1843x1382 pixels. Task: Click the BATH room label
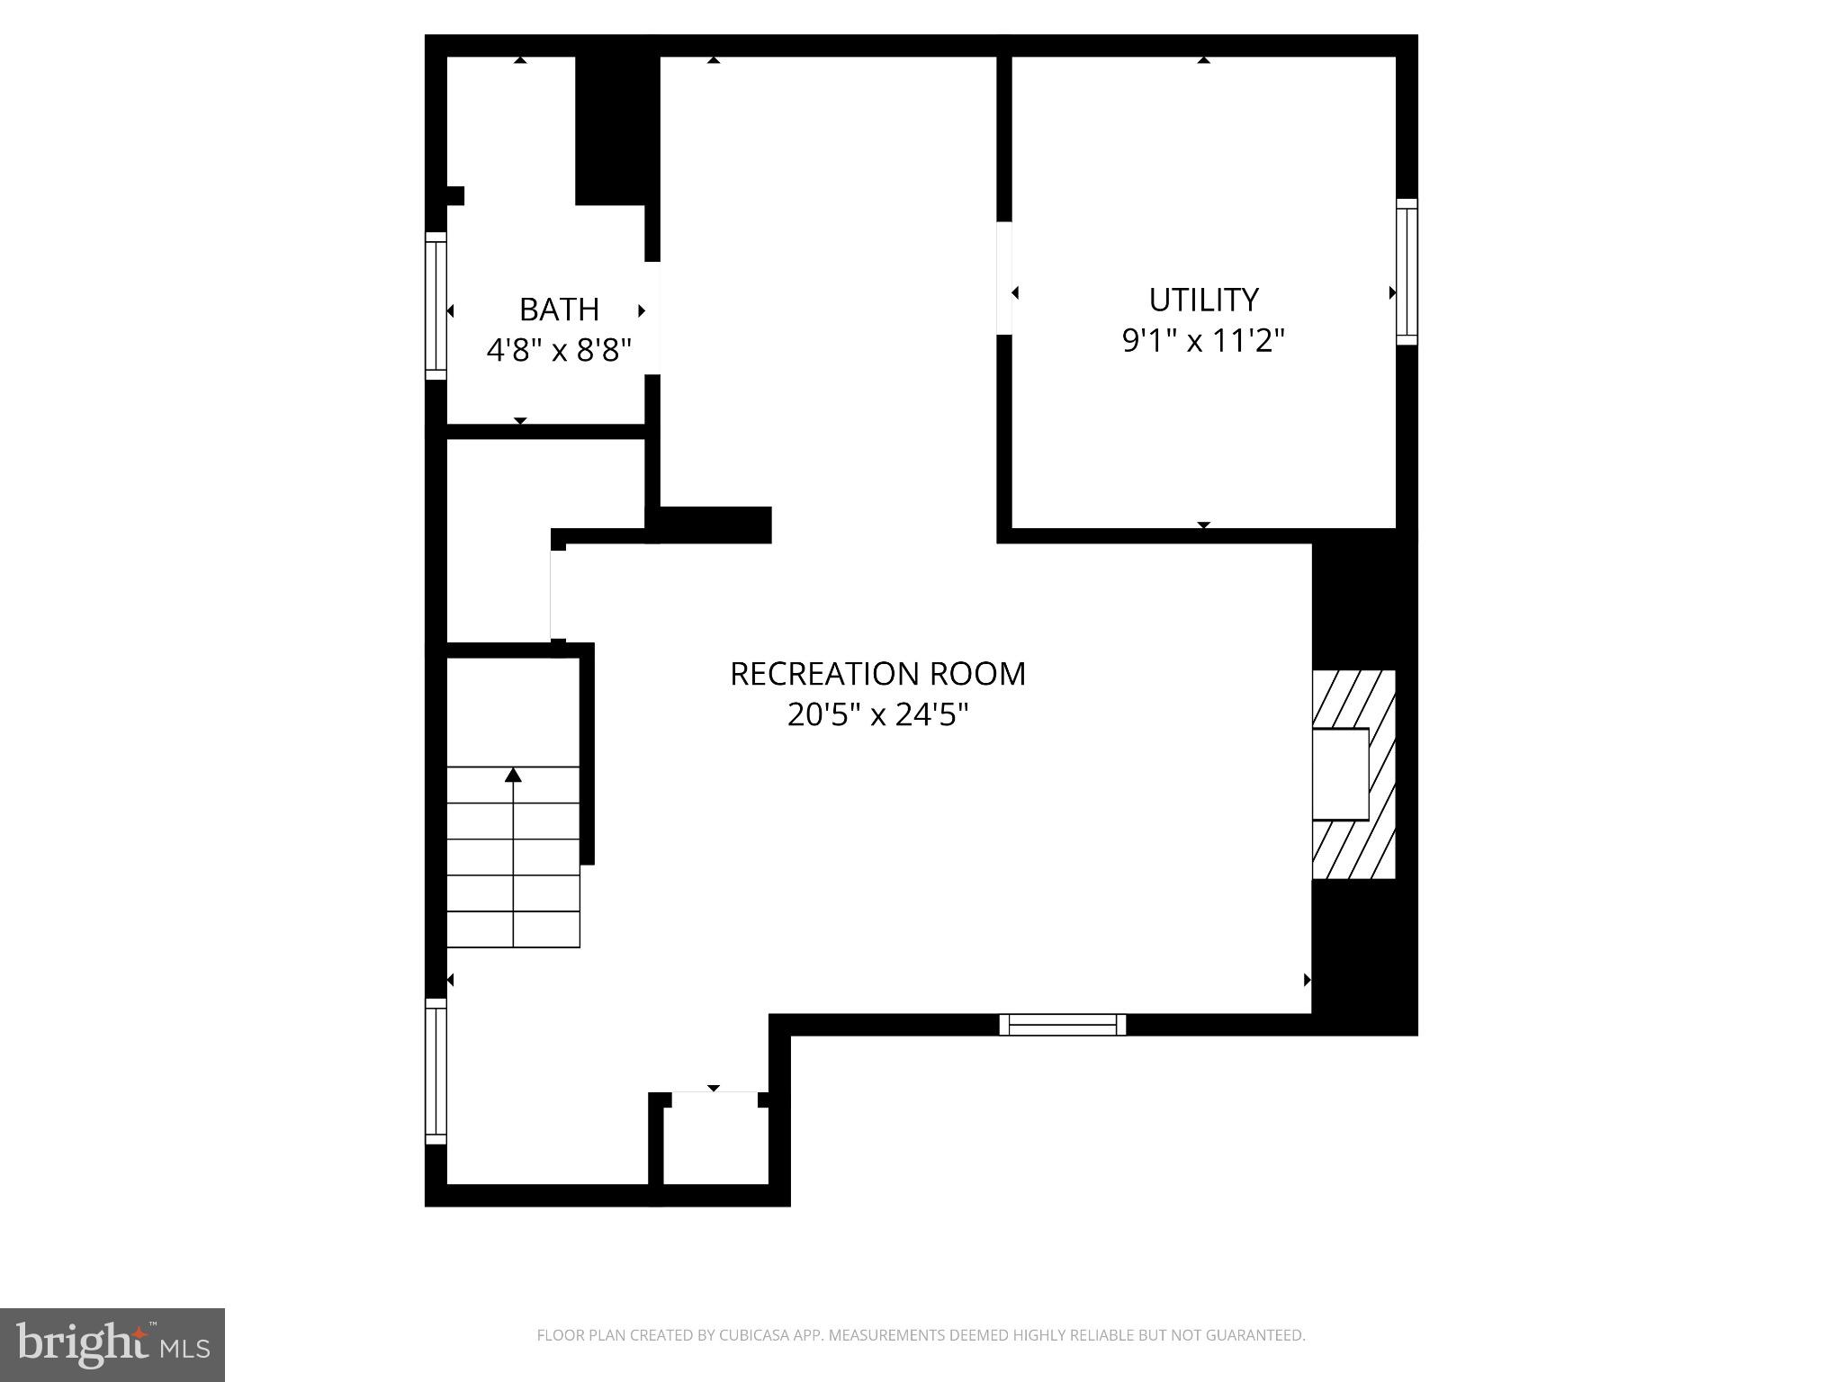tap(559, 310)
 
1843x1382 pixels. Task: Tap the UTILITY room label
tap(1203, 300)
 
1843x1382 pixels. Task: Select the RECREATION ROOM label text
tap(877, 674)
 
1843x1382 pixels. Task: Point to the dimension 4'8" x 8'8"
tap(559, 350)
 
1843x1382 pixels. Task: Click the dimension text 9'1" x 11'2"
tap(1203, 341)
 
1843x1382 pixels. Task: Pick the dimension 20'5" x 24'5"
tap(877, 715)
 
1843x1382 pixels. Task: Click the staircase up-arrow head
tap(513, 775)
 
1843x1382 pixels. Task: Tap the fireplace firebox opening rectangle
tap(1340, 774)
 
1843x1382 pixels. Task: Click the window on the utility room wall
tap(1407, 272)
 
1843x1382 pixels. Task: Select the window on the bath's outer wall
tap(436, 306)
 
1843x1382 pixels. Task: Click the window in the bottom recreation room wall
tap(1062, 1025)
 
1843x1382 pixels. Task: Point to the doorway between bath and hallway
tap(652, 318)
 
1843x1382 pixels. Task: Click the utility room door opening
tap(1004, 278)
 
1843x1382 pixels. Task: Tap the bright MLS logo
tap(112, 1345)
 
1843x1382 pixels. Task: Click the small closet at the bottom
tap(715, 1143)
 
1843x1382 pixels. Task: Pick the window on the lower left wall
tap(436, 1071)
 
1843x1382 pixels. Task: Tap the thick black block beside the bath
tap(612, 130)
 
